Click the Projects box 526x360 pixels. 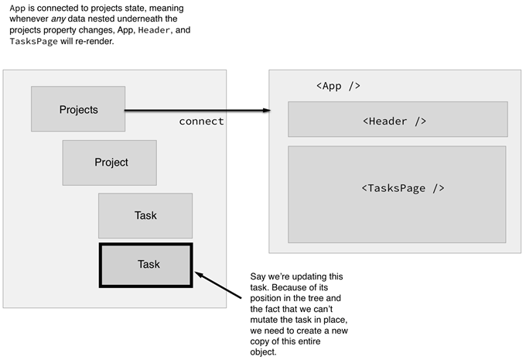tap(78, 109)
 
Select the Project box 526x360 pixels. tap(110, 163)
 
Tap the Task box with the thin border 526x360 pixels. tap(145, 215)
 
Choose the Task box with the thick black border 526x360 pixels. tap(146, 264)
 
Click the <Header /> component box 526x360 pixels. tap(398, 121)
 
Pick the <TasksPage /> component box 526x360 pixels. tap(398, 188)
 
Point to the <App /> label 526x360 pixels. tap(338, 85)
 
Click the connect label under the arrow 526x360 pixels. tap(201, 122)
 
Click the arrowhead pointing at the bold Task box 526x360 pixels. tap(200, 273)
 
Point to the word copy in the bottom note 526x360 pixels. tap(261, 341)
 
